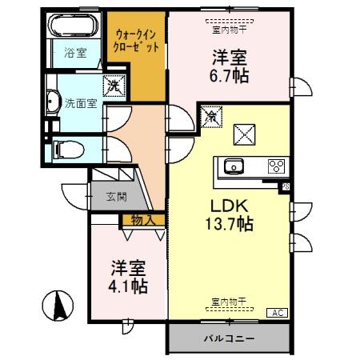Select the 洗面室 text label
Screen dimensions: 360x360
point(79,102)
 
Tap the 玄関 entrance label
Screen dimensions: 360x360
point(117,196)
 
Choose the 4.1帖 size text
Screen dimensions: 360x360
point(128,284)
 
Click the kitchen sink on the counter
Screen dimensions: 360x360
point(234,166)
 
